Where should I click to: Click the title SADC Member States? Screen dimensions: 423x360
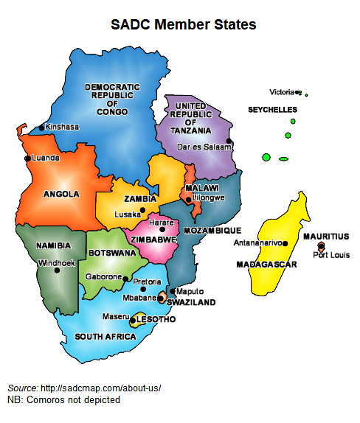click(183, 24)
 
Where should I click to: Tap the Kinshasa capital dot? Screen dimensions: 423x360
click(41, 127)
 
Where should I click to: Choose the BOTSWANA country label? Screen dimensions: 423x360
click(112, 253)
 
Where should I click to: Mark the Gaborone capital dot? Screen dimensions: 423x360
click(126, 277)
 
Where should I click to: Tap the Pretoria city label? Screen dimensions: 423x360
click(147, 282)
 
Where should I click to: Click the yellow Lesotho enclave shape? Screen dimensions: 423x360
click(136, 320)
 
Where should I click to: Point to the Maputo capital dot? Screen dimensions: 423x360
click(173, 291)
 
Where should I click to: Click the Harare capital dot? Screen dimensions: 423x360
click(163, 230)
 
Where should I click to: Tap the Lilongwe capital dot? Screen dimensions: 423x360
click(189, 200)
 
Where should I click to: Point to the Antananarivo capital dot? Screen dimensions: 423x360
click(286, 242)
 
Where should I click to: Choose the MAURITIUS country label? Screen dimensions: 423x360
click(326, 237)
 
